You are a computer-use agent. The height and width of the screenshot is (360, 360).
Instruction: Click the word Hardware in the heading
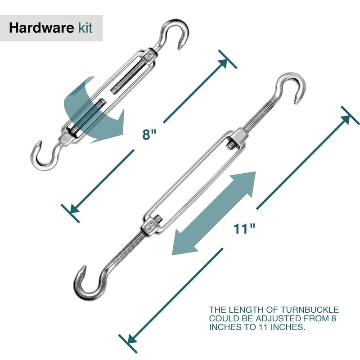pos(40,28)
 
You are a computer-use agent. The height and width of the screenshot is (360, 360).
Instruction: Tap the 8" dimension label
pos(150,135)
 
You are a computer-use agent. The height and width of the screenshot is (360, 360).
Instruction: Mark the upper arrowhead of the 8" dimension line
pos(223,63)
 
